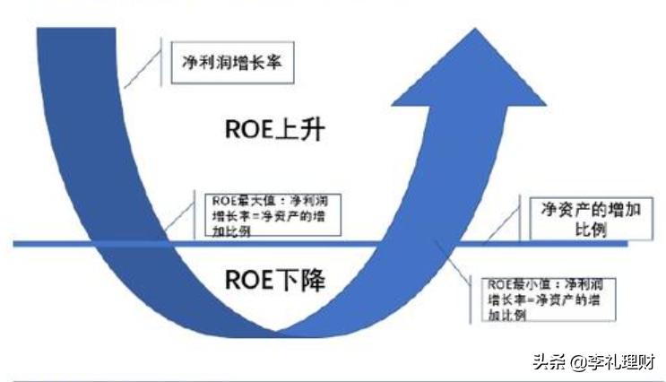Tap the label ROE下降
tap(273, 282)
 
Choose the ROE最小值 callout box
tap(538, 298)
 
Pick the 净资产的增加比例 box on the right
tap(575, 218)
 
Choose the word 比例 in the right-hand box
tap(575, 230)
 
